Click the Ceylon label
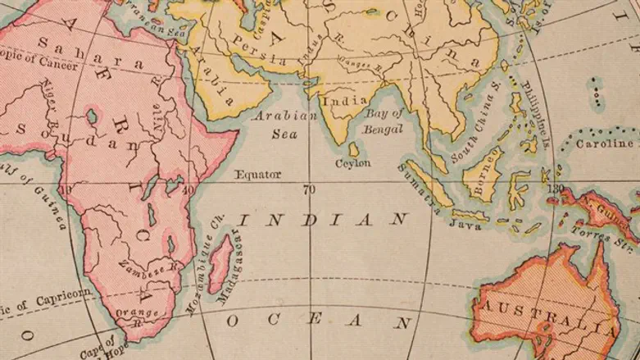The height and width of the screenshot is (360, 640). point(353,163)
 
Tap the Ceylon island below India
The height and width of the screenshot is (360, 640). point(353,149)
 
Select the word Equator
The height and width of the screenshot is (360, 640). point(257,175)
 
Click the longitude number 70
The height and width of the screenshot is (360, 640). point(309,189)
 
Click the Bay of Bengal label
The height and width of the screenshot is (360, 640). point(384,121)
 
